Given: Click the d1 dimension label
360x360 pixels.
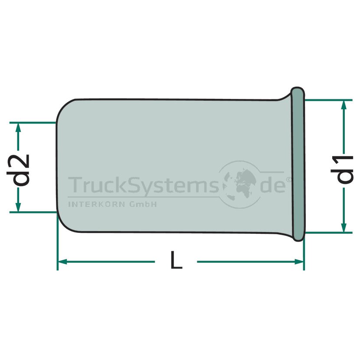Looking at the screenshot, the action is (345, 170).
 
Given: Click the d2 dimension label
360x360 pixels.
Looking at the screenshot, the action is (18, 170).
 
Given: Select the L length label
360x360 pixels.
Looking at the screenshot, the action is (176, 260).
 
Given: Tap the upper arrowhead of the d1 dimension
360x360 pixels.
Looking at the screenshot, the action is (344, 105).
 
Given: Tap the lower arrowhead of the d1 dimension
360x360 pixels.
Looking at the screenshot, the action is (344, 227).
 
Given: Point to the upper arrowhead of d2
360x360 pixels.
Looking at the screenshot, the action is (18, 128).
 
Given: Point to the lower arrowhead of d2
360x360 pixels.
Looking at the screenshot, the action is (18, 207).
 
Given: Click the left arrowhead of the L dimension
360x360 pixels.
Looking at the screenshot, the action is (62, 262).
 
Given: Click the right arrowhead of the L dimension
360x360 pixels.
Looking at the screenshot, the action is (299, 262).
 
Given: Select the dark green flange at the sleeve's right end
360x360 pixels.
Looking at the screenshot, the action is (298, 164).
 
